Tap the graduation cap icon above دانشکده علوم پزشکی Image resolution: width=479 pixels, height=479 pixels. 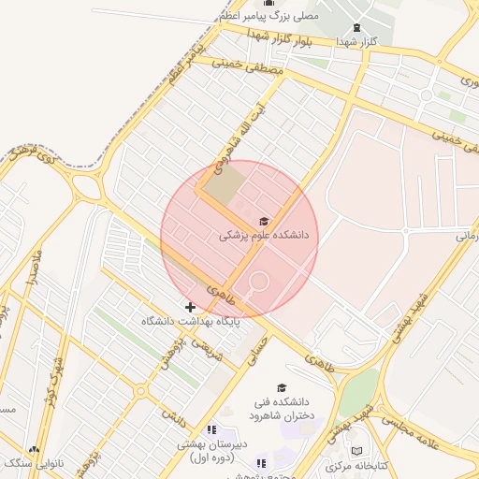[264, 220]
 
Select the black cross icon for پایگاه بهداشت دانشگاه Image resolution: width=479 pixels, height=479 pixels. [190, 307]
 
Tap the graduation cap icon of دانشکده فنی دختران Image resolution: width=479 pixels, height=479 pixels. [281, 388]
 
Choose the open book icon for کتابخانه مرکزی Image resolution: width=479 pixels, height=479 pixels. [356, 452]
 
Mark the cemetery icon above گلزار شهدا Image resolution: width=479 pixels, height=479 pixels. [356, 27]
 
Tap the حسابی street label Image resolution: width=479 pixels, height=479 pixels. [254, 351]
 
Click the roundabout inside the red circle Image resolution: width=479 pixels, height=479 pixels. [259, 281]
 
